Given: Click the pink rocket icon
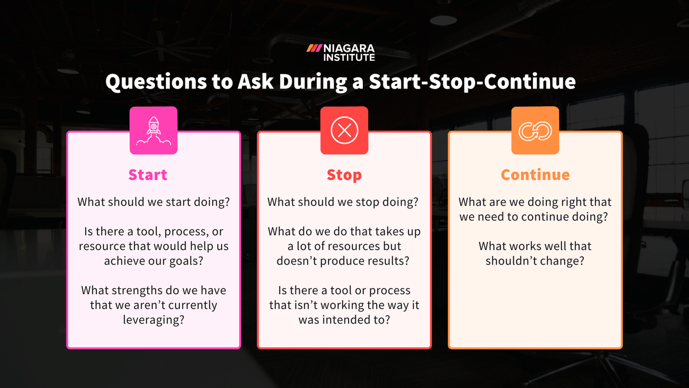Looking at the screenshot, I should click(x=153, y=130).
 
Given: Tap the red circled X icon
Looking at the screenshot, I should click(x=344, y=130).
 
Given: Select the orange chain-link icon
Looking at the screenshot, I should click(x=535, y=130).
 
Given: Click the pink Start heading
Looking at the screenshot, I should click(x=148, y=175).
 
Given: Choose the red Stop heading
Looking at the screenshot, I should click(x=344, y=175).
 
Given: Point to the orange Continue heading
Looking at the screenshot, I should click(x=535, y=175).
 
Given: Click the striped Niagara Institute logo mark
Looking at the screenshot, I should click(x=313, y=48).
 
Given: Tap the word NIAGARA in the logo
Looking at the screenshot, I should click(x=349, y=48).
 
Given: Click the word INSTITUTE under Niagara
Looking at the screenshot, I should click(x=349, y=57).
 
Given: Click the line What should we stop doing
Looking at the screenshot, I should click(x=343, y=202).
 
